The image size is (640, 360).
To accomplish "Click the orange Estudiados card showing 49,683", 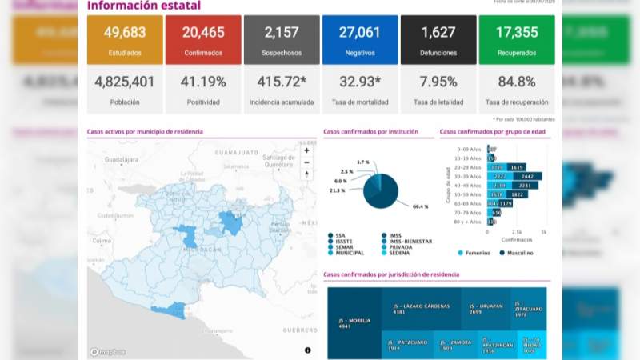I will click(x=123, y=40).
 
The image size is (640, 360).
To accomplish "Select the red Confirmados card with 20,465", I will click(x=202, y=40).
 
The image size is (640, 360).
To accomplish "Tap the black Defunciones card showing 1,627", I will click(x=438, y=40).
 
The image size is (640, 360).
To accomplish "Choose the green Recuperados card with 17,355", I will click(x=516, y=40).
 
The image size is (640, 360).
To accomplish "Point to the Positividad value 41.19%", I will click(x=202, y=82).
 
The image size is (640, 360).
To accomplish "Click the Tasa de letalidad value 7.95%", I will click(x=438, y=82).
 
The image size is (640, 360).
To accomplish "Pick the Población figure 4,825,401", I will click(x=124, y=82).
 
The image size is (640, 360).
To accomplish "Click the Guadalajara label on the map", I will click(x=110, y=160).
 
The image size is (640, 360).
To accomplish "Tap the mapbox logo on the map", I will click(x=106, y=351).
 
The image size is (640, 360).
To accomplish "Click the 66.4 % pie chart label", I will click(x=420, y=206).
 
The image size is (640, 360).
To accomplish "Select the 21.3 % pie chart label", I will click(x=337, y=190).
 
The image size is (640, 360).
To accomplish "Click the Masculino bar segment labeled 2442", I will click(x=527, y=176).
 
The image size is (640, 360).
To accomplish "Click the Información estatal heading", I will click(x=144, y=6).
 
